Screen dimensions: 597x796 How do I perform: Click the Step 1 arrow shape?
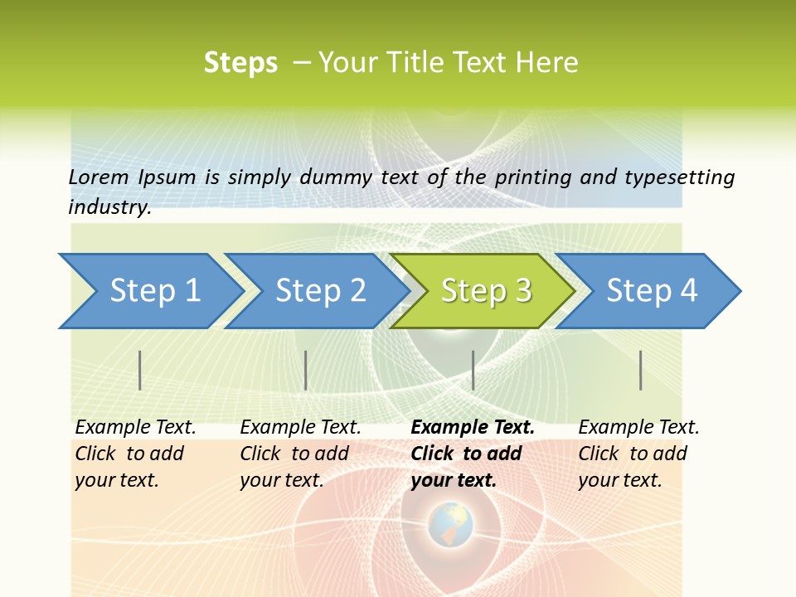153,291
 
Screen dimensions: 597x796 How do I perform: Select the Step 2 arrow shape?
319,291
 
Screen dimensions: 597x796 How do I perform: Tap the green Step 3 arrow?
485,291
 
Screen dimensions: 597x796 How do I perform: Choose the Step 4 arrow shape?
651,291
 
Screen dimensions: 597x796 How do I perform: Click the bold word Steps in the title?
240,63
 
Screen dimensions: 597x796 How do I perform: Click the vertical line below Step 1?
140,370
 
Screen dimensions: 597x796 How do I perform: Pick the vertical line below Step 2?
306,370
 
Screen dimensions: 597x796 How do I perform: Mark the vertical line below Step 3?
473,370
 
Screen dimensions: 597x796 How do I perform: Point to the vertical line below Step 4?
641,370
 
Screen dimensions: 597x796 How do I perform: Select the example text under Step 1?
134,454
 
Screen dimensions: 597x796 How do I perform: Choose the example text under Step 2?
299,454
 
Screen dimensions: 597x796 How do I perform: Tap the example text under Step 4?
638,454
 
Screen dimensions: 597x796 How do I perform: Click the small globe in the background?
450,524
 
